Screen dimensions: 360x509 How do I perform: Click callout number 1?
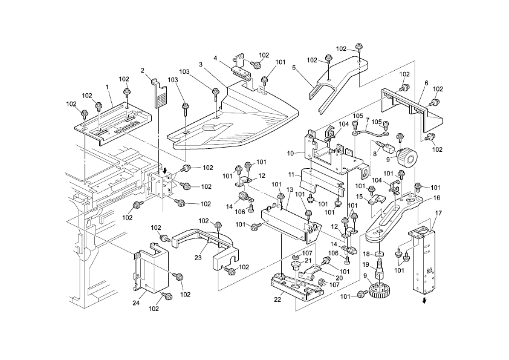pos(108,87)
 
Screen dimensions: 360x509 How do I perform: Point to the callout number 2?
pos(143,70)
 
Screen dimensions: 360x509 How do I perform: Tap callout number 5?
pos(294,68)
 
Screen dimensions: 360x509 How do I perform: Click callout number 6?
pos(426,83)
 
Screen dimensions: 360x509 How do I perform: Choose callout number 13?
pos(290,190)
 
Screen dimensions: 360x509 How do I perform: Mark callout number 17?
pos(438,213)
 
